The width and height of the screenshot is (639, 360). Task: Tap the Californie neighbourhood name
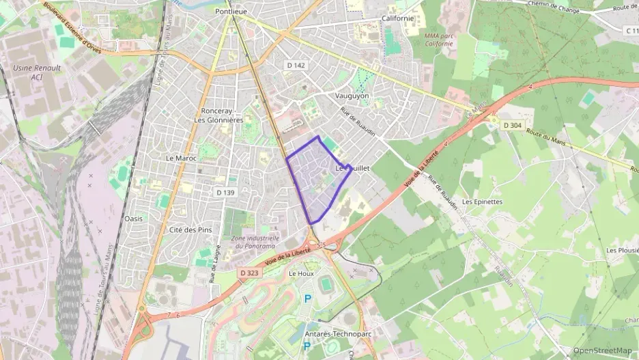(398, 18)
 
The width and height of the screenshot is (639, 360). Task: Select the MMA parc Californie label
(438, 39)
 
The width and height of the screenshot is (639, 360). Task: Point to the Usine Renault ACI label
(37, 72)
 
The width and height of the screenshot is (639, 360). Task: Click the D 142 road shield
(296, 64)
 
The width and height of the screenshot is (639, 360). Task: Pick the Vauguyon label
(352, 96)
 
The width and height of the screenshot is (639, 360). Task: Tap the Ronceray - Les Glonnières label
(218, 115)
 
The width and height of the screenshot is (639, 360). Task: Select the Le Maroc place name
(181, 158)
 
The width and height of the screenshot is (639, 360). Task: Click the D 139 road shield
(225, 193)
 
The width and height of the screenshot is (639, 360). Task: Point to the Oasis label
(134, 219)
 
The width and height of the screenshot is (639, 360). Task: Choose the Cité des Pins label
(190, 230)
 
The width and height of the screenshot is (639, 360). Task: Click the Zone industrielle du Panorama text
(253, 242)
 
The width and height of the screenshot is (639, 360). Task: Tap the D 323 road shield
(250, 273)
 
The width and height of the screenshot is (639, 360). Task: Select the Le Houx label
(301, 273)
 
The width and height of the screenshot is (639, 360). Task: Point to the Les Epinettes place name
(482, 202)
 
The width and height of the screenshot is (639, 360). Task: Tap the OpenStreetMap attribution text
(602, 350)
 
